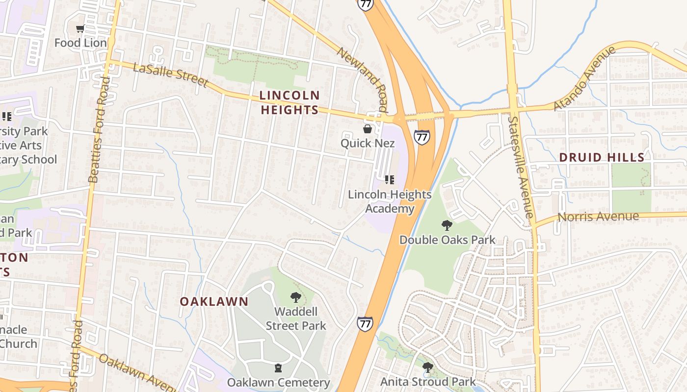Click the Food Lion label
[80, 43]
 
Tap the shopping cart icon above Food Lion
[80, 29]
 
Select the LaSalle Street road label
[170, 75]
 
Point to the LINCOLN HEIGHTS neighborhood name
[290, 102]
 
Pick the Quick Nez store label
[368, 143]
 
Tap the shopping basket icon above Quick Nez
[367, 129]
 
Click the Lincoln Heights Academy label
[390, 201]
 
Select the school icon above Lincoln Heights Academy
[390, 180]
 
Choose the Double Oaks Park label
[447, 240]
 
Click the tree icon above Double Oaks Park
[447, 225]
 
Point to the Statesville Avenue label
[521, 167]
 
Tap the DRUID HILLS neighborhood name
[602, 157]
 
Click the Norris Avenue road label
[599, 217]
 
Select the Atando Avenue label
[584, 78]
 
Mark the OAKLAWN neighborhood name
[214, 301]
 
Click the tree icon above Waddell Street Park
[295, 297]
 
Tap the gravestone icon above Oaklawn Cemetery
[278, 367]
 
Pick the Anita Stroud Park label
[428, 381]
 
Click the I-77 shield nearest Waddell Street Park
[365, 324]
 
